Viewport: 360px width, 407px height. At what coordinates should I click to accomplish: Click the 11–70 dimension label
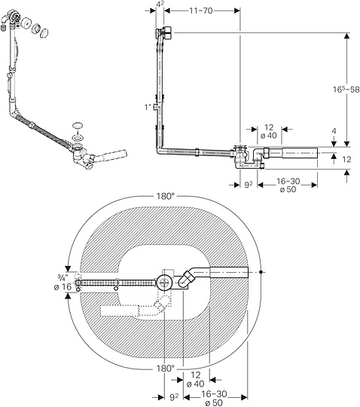tap(201, 11)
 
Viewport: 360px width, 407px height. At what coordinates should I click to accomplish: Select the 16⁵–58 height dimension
tap(346, 90)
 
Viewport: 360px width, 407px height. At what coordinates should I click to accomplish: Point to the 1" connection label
tap(148, 107)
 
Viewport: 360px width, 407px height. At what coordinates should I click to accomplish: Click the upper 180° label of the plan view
tap(165, 196)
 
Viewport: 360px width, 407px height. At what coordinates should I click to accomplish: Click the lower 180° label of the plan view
tap(165, 368)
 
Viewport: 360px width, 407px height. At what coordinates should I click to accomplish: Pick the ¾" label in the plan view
tap(63, 278)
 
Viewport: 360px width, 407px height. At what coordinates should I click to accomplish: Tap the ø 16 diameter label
tap(63, 287)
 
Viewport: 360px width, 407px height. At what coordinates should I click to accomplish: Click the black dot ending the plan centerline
tap(261, 272)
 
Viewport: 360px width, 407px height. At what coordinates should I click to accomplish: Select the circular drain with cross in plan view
tap(164, 282)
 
